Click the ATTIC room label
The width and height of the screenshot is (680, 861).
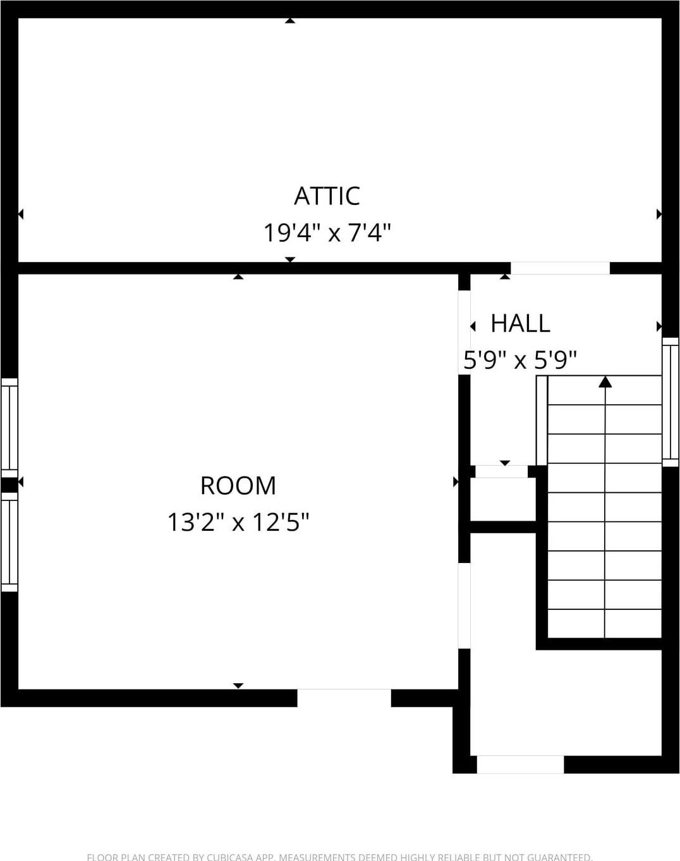[x=327, y=196]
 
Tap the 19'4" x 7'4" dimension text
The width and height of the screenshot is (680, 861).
[x=327, y=233]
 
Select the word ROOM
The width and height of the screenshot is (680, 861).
[x=238, y=486]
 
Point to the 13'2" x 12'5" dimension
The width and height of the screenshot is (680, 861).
[x=238, y=523]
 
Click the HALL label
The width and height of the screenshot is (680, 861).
[x=520, y=323]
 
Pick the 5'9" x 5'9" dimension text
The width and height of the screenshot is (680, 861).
[x=520, y=360]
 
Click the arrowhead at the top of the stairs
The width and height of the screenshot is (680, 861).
[x=605, y=381]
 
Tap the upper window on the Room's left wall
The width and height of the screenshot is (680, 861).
[x=9, y=427]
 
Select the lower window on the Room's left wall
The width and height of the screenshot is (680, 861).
[x=9, y=542]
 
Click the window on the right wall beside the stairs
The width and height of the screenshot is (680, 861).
[x=670, y=402]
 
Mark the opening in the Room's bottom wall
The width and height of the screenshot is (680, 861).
[x=344, y=698]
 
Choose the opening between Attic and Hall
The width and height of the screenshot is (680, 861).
[x=560, y=268]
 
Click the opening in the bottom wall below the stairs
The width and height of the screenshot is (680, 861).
[x=520, y=764]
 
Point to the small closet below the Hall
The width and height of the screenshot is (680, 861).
[x=503, y=499]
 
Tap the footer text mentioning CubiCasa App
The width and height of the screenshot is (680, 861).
[x=339, y=857]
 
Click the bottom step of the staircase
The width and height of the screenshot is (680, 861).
[x=604, y=624]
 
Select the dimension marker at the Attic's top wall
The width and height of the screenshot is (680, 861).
[x=289, y=21]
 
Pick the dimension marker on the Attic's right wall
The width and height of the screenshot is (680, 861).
[x=659, y=214]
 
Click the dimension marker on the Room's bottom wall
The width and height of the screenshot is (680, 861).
[x=238, y=686]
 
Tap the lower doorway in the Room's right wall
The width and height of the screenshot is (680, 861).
[x=464, y=605]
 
